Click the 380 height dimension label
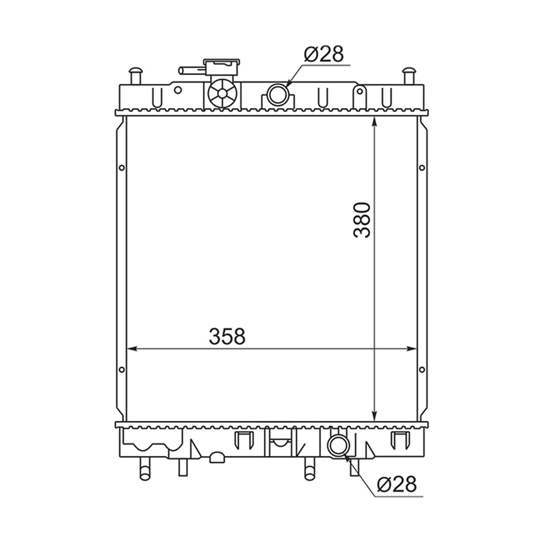point(362,220)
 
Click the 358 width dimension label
point(227,336)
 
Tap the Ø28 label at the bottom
point(396,484)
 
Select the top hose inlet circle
point(278,94)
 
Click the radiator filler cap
point(221,67)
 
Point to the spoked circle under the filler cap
point(222,93)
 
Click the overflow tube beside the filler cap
point(192,71)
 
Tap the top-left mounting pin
point(136,76)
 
